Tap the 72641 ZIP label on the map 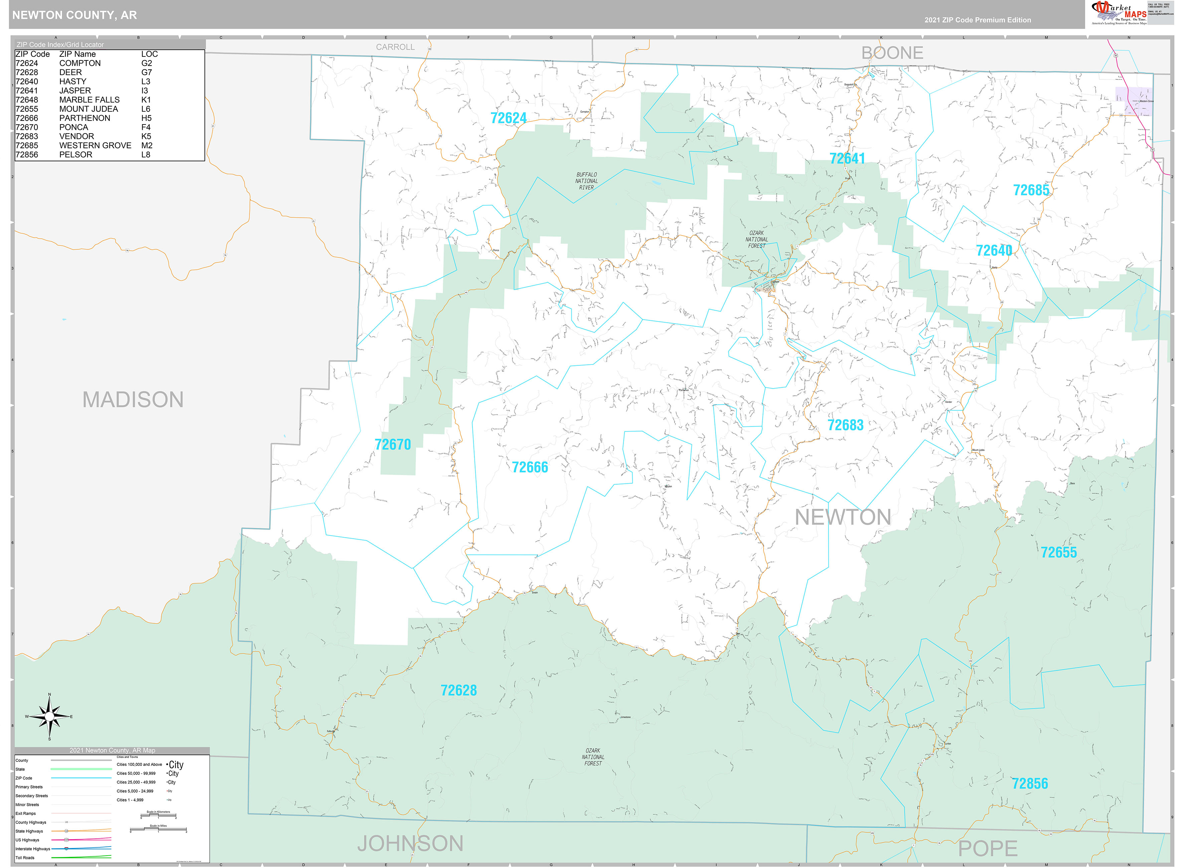pyautogui.click(x=847, y=158)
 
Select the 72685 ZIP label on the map pyautogui.click(x=1031, y=190)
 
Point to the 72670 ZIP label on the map pyautogui.click(x=393, y=444)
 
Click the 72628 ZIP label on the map pyautogui.click(x=458, y=690)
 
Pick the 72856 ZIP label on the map pyautogui.click(x=1030, y=784)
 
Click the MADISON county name pyautogui.click(x=133, y=400)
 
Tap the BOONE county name pyautogui.click(x=892, y=53)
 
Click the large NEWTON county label pyautogui.click(x=843, y=517)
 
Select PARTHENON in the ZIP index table pyautogui.click(x=85, y=118)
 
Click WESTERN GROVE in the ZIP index pyautogui.click(x=95, y=146)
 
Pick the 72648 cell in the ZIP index pyautogui.click(x=27, y=100)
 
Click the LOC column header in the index pyautogui.click(x=149, y=54)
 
